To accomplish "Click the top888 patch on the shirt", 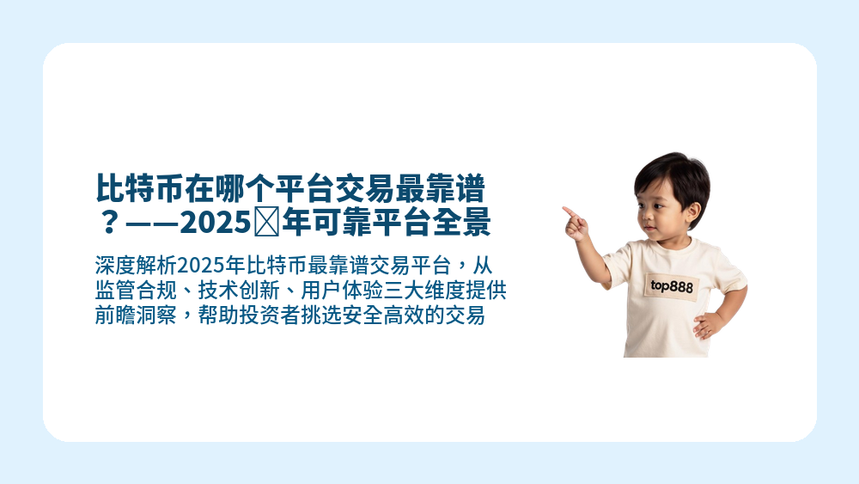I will coord(673,285).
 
